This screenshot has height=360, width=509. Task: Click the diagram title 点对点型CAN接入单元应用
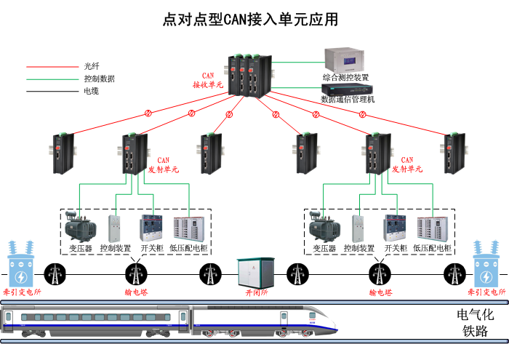pyautogui.click(x=251, y=19)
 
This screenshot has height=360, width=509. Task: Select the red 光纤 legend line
pyautogui.click(x=52, y=65)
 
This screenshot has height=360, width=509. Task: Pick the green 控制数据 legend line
pyautogui.click(x=52, y=79)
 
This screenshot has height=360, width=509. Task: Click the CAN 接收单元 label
pyautogui.click(x=208, y=81)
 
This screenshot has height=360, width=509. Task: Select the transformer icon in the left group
pyautogui.click(x=80, y=228)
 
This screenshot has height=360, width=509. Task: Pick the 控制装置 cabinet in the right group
pyautogui.click(x=358, y=228)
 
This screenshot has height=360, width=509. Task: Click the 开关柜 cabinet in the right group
pyautogui.click(x=395, y=228)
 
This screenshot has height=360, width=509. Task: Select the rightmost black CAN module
pyautogui.click(x=453, y=153)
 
